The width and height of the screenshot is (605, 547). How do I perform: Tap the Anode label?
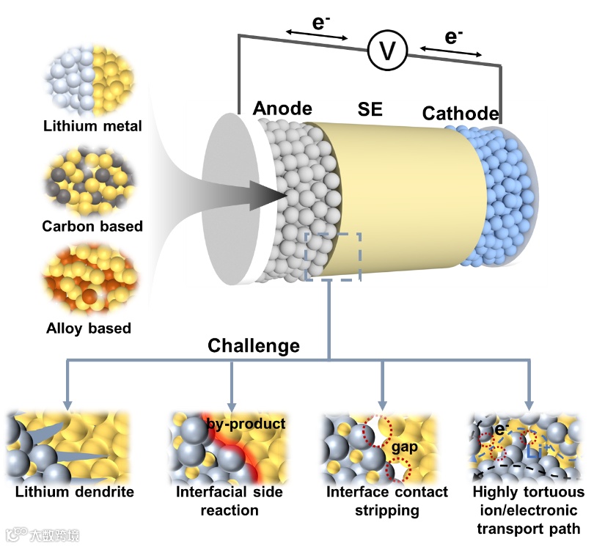point(282,109)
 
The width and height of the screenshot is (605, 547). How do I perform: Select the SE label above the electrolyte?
point(370,110)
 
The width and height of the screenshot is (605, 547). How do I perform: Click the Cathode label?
point(460,114)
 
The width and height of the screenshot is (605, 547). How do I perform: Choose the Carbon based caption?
point(92,226)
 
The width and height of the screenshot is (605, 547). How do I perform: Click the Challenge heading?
point(254,345)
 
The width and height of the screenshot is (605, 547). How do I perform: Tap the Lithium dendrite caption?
point(70,491)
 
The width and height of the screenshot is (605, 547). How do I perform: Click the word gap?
point(405,447)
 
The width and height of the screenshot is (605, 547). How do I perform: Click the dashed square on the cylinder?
point(332,257)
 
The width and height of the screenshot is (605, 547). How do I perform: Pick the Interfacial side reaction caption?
point(230,500)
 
